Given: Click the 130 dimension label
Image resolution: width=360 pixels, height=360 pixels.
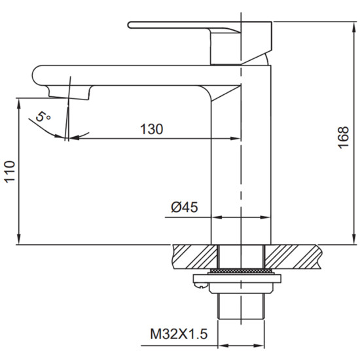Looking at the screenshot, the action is (x=152, y=129).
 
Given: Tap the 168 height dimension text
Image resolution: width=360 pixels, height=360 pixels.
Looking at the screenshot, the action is (x=344, y=137).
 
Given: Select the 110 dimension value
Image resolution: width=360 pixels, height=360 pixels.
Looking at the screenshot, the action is (x=10, y=172).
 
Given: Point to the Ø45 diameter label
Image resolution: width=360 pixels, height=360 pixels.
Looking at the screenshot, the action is (x=185, y=207).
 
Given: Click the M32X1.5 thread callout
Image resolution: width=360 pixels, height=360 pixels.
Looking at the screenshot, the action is (x=179, y=334).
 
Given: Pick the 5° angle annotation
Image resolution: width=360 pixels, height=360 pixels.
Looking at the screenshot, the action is (x=43, y=117).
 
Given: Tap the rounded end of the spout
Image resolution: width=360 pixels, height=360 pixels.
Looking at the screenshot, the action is (x=37, y=75).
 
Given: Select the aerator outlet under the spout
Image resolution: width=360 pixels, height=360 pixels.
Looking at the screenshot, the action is (x=69, y=92).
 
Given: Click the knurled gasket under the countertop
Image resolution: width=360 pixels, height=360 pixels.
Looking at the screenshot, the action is (x=241, y=271).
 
